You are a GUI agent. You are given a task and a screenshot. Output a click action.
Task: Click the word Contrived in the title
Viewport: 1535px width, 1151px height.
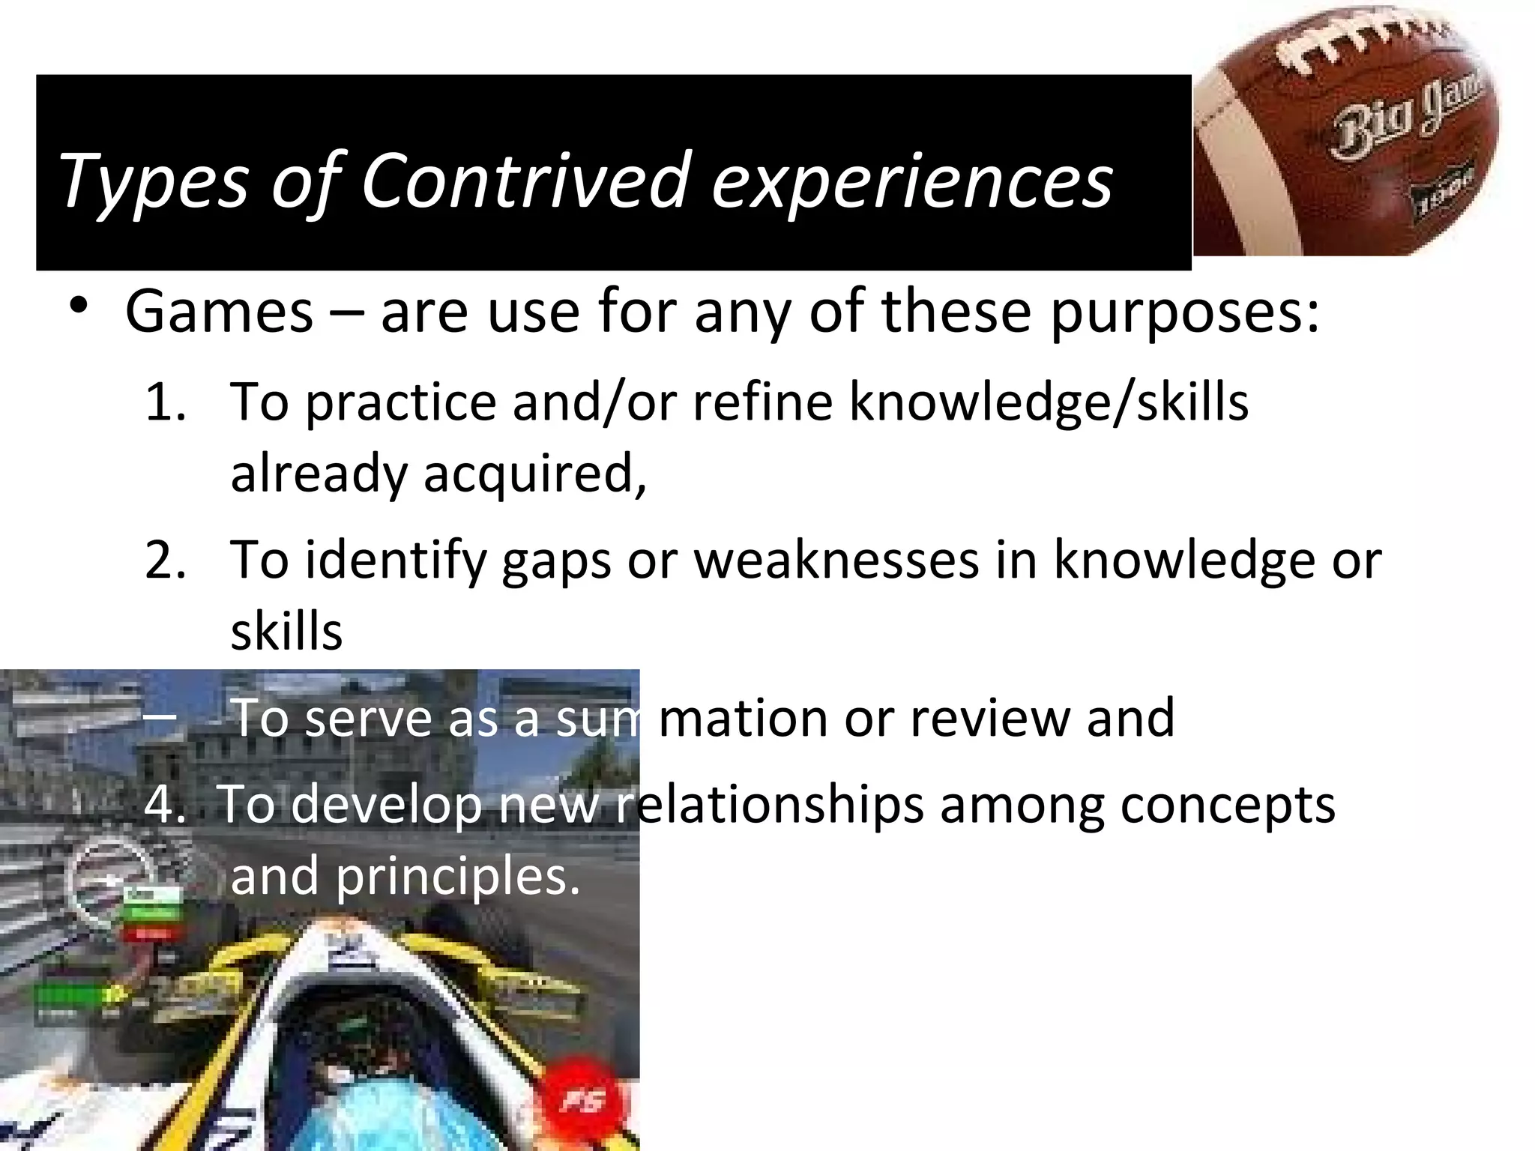tap(525, 180)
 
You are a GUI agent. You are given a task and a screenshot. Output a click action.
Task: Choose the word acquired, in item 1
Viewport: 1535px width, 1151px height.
tap(534, 474)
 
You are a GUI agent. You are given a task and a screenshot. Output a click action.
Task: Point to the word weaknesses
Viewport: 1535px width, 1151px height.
tap(836, 560)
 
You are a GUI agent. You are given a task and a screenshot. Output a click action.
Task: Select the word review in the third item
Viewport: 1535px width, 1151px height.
tap(989, 718)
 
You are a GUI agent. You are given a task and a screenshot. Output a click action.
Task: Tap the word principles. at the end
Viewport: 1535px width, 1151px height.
tap(457, 877)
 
